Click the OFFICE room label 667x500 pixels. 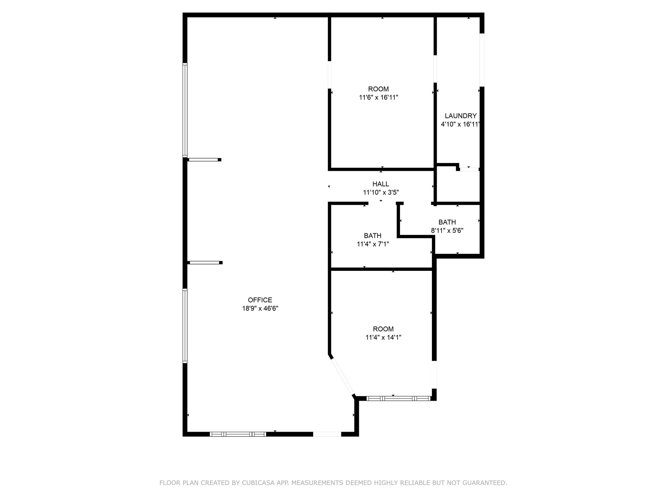click(x=260, y=300)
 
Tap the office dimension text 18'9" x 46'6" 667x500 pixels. click(x=260, y=308)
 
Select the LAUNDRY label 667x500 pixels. click(x=461, y=116)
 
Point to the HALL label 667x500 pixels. click(x=381, y=184)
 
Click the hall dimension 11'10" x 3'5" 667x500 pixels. click(x=381, y=192)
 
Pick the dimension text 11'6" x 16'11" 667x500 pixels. click(x=378, y=97)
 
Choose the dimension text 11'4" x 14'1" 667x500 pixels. click(x=383, y=337)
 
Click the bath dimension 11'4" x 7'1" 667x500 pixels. click(x=373, y=244)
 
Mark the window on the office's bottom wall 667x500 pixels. click(x=238, y=434)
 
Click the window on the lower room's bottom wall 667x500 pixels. click(x=398, y=398)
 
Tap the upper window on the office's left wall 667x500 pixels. click(x=185, y=110)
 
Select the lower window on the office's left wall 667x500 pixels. click(x=185, y=326)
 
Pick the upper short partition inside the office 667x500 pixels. click(x=204, y=160)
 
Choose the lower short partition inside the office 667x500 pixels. click(x=205, y=262)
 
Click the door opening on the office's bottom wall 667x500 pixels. click(x=327, y=434)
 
